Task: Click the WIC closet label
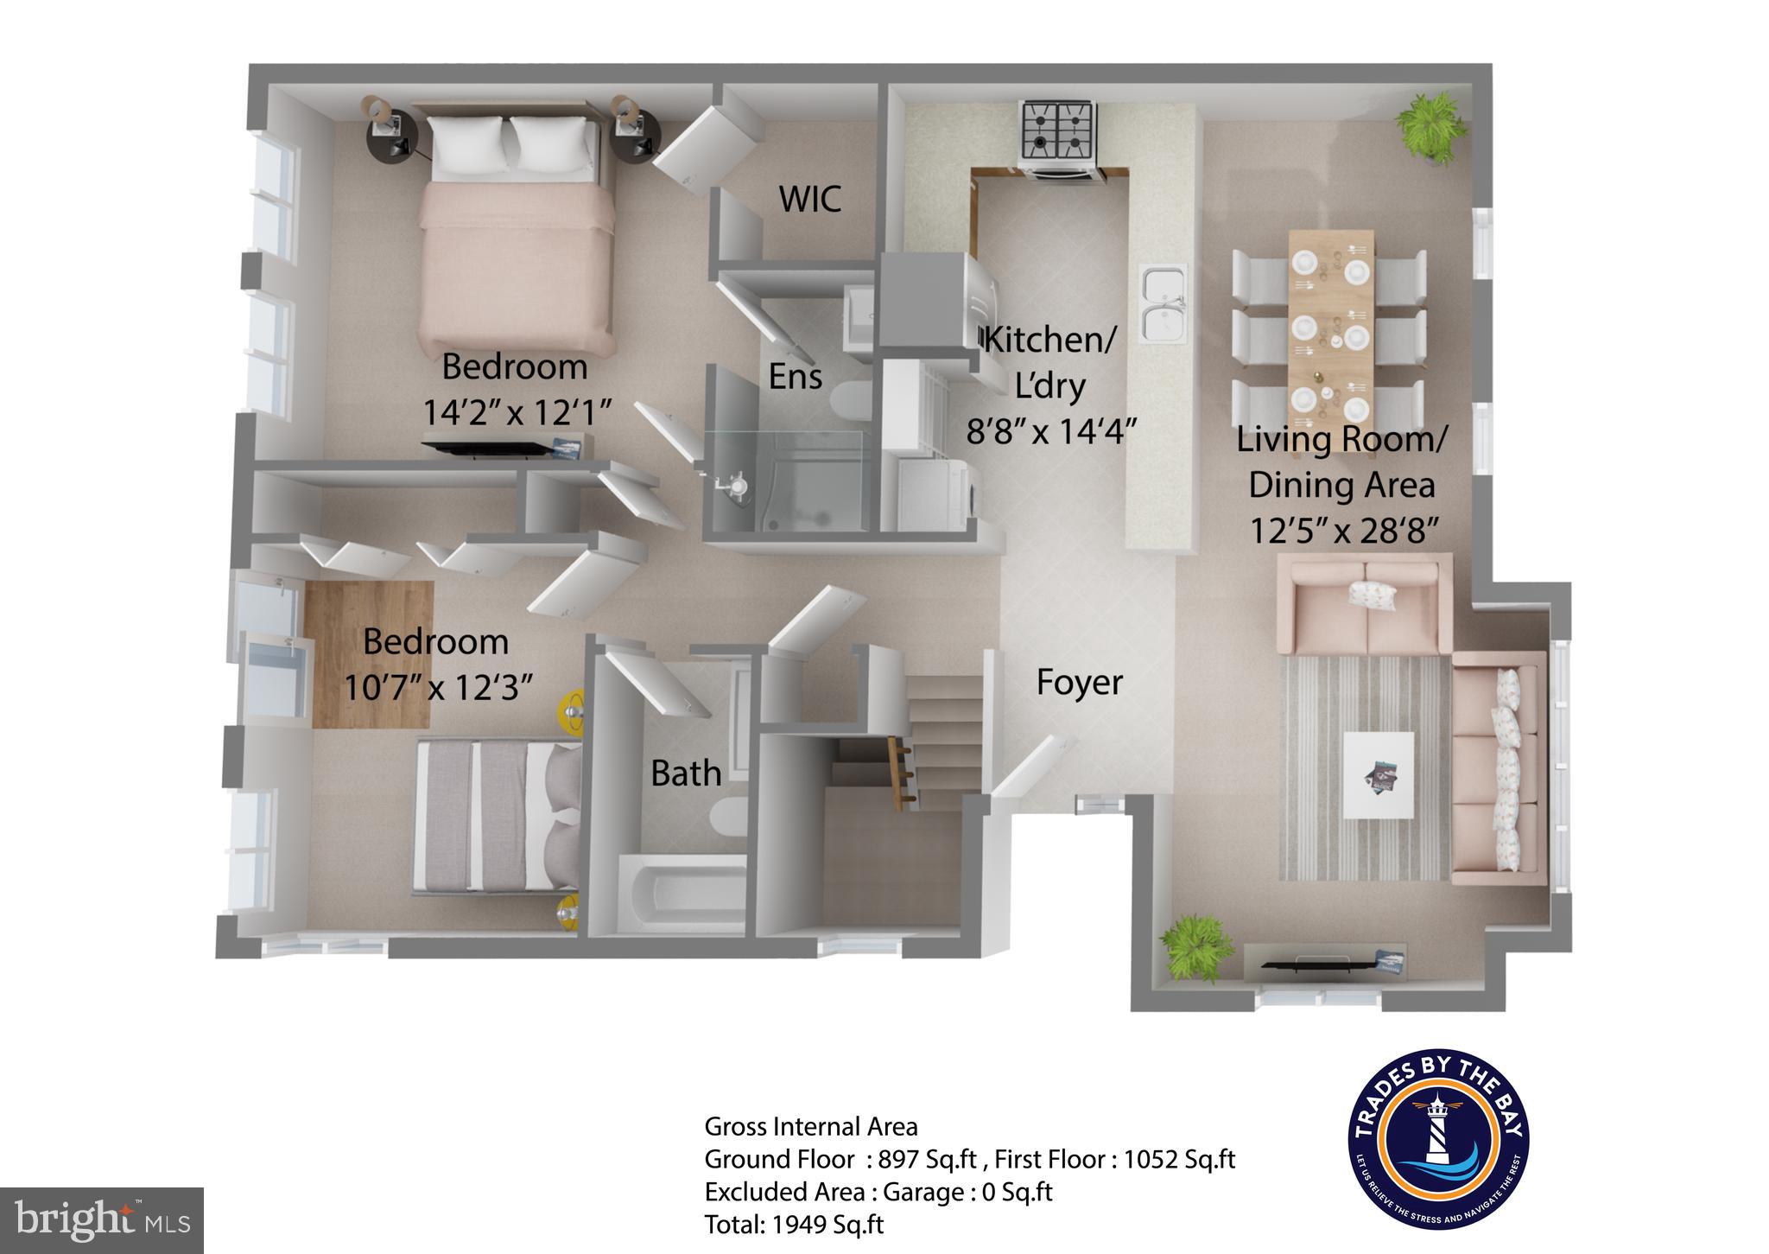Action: [809, 199]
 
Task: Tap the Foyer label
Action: [1079, 682]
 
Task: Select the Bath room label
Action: [686, 773]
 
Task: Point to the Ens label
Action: [796, 376]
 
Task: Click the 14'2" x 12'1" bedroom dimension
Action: [517, 412]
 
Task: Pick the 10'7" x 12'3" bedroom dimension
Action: [437, 688]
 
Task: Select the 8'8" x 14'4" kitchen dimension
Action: [1049, 430]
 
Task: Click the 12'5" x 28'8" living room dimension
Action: [1343, 530]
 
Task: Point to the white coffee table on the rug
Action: [1378, 774]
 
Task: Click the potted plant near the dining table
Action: [1432, 125]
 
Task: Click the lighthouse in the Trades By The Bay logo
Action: [1437, 1132]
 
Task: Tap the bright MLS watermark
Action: [102, 1219]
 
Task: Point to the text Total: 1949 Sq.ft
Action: [794, 1225]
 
